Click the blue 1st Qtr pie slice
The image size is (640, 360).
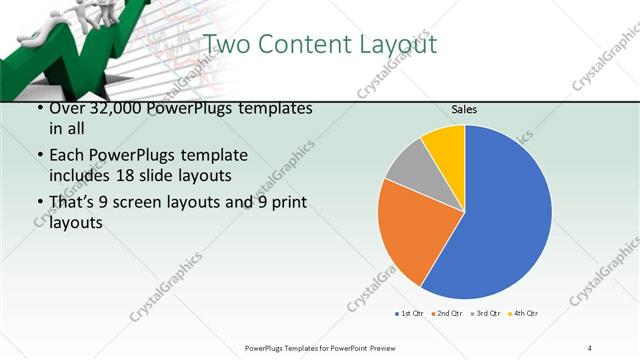[x=505, y=220]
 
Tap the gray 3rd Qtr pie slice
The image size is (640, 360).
[x=408, y=167]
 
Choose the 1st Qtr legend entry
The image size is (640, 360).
[x=410, y=314]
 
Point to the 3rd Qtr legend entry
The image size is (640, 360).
[x=486, y=314]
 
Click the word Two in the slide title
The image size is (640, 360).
[x=228, y=45]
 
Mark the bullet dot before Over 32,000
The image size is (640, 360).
[x=39, y=108]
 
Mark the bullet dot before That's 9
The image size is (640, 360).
[x=39, y=204]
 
